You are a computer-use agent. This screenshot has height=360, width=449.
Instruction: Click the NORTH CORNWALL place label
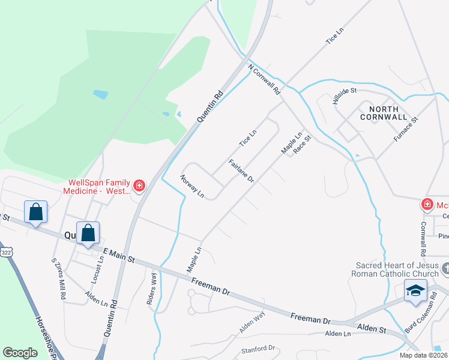click(384, 113)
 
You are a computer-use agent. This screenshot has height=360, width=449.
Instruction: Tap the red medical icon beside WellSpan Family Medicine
click(139, 186)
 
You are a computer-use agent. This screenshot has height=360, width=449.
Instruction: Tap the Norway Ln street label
click(193, 187)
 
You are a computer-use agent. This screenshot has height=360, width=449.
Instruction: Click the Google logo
click(20, 353)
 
